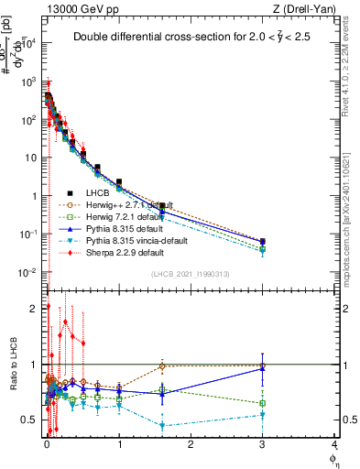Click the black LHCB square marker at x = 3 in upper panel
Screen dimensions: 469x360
coord(263,241)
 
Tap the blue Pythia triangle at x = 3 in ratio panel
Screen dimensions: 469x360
coord(263,368)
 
